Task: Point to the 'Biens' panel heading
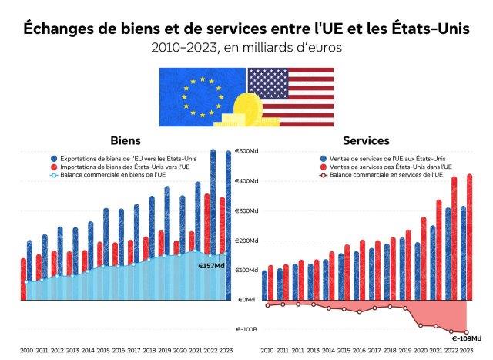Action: pyautogui.click(x=126, y=141)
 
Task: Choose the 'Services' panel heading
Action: pyautogui.click(x=366, y=141)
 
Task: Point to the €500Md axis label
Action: pyautogui.click(x=246, y=152)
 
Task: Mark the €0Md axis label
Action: pyautogui.click(x=247, y=300)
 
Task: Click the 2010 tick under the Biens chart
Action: pyautogui.click(x=27, y=349)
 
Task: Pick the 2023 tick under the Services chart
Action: pyautogui.click(x=467, y=349)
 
